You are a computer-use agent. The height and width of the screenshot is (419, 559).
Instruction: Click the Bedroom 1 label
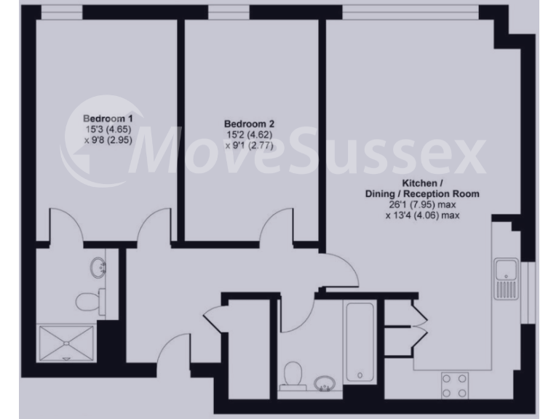108,119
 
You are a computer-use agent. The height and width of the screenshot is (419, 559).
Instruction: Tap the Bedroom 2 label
249,124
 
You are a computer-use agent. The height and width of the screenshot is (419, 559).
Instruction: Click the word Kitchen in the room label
419,183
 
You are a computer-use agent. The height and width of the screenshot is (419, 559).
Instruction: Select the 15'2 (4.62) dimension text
249,135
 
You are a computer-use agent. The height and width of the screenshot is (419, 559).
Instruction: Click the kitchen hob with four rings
455,385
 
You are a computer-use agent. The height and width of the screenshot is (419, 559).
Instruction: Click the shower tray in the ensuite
67,343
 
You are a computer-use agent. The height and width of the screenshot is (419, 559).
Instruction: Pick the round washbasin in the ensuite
97,268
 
